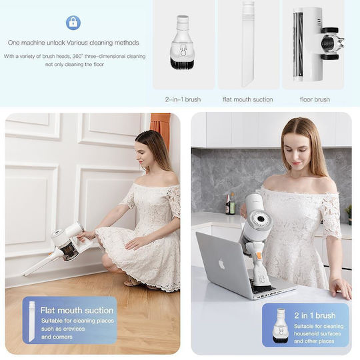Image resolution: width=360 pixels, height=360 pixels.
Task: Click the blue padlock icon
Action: [x=73, y=23]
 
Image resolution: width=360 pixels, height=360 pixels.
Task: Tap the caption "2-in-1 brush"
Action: [x=183, y=99]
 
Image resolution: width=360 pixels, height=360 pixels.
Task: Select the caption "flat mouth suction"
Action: [x=248, y=99]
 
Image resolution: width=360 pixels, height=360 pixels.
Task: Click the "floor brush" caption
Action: [x=315, y=99]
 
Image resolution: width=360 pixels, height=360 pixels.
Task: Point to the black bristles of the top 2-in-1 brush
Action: [x=183, y=63]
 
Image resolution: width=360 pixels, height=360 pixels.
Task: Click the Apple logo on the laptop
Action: [x=221, y=264]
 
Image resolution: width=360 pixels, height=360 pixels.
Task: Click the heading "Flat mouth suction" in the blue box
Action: [x=77, y=311]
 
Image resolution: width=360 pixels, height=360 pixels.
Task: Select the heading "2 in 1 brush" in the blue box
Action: [x=315, y=315]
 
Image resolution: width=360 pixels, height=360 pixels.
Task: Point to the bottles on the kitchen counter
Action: [x=230, y=204]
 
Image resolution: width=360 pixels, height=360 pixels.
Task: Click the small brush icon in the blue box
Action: [x=280, y=326]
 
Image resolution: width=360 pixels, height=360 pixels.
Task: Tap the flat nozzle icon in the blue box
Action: [x=32, y=321]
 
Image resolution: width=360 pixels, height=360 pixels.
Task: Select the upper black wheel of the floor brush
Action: [x=330, y=30]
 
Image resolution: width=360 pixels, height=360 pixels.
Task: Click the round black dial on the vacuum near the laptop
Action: [x=261, y=219]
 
